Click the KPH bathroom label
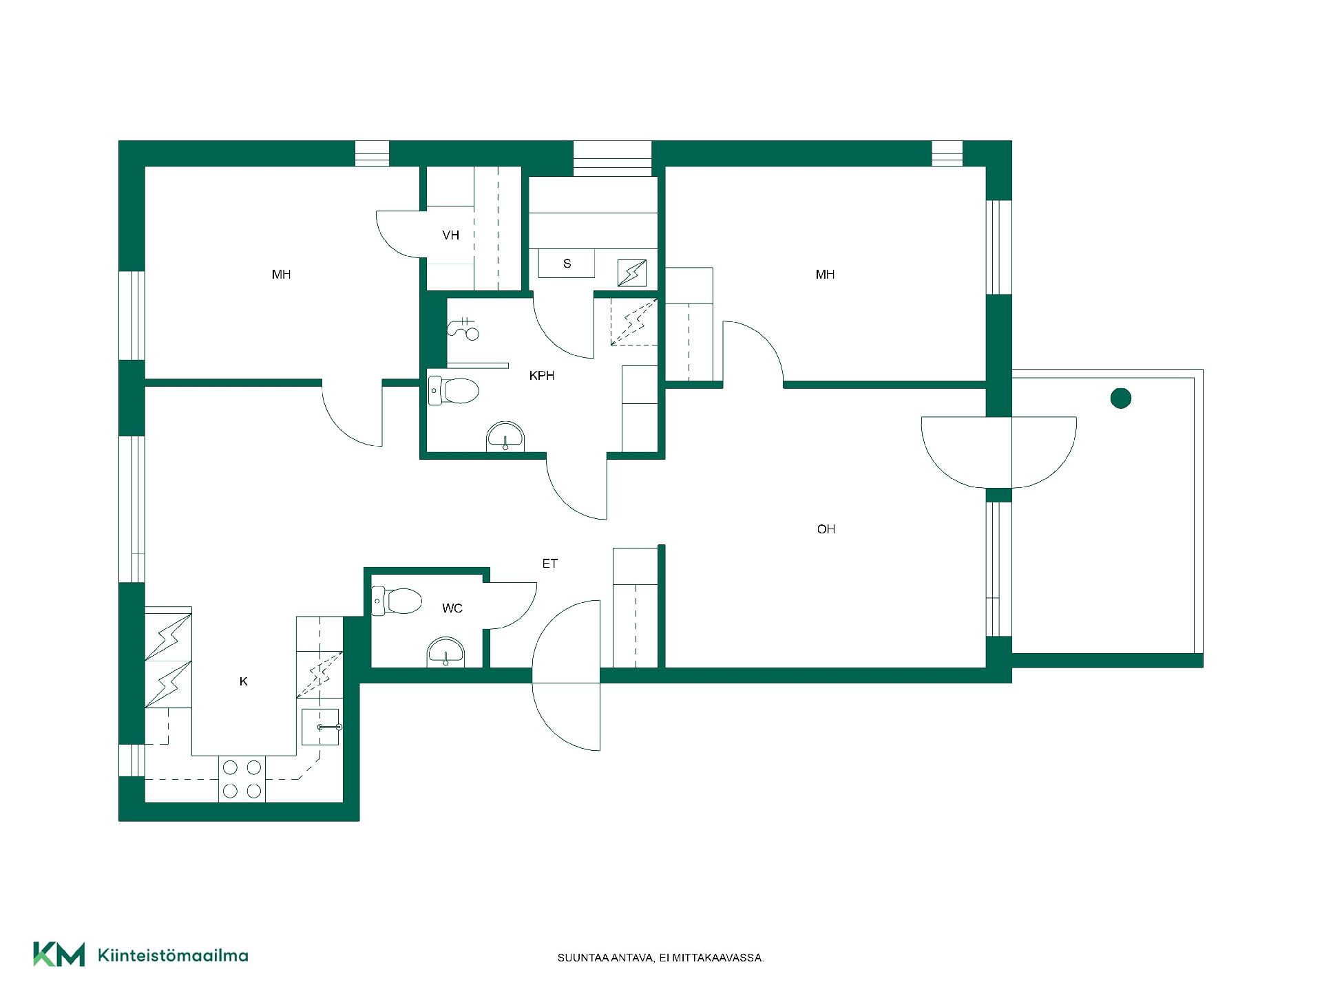coord(542,376)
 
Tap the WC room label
coord(452,608)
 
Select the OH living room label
coord(826,529)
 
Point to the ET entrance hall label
coord(549,564)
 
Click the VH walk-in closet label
coord(451,235)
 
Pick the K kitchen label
coord(243,681)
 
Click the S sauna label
coord(567,264)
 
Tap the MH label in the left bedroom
coord(281,275)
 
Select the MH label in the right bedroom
coord(825,275)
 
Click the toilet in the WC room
coord(397,601)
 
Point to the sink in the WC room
coord(446,652)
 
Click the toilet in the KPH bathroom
coord(453,391)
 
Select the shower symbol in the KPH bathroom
coord(463,328)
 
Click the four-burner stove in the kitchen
coord(242,779)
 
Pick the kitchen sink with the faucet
coord(321,727)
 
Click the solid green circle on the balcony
coord(1121,398)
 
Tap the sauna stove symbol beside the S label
coord(632,273)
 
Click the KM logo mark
coord(59,954)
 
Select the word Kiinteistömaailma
coord(173,955)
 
